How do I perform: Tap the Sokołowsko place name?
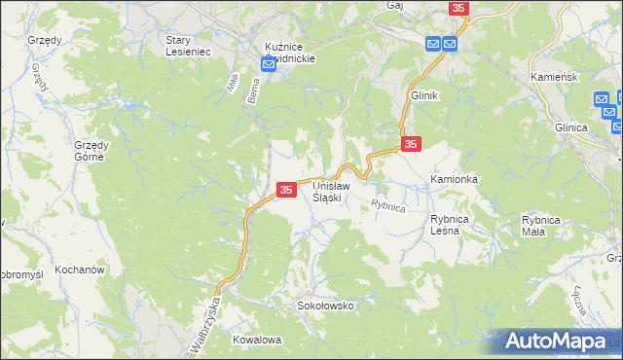[326, 306]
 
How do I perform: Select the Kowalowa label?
[257, 340]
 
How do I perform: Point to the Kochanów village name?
[80, 270]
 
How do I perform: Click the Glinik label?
[425, 94]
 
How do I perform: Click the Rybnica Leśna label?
[452, 225]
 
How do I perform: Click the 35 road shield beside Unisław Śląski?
[286, 191]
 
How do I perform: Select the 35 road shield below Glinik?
[411, 144]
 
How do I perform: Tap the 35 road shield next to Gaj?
[459, 8]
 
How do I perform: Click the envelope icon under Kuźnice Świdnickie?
[270, 64]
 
